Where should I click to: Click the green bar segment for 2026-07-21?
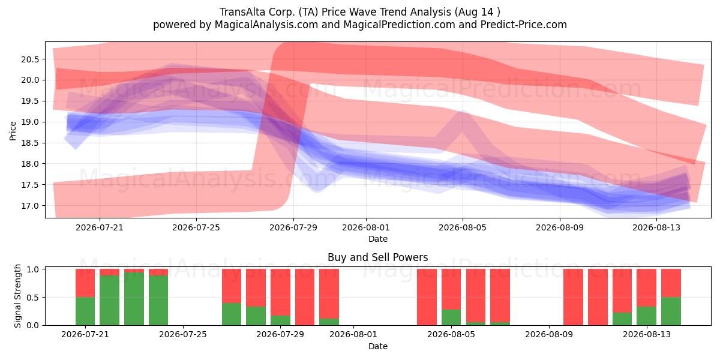[x=85, y=311]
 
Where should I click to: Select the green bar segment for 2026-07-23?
[x=134, y=299]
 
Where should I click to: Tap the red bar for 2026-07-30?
[x=305, y=297]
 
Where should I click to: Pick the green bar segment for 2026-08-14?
[x=671, y=311]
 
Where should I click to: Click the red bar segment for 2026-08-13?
[x=646, y=287]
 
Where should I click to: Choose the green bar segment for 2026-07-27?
[x=232, y=314]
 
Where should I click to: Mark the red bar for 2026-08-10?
[x=573, y=297]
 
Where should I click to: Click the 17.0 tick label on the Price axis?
[x=30, y=206]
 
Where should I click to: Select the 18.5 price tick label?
[x=30, y=143]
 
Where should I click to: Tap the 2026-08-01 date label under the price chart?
[x=366, y=227]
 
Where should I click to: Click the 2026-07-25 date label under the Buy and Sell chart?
[x=183, y=335]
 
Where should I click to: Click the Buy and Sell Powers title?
[x=377, y=257]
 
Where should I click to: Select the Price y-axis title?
[x=13, y=131]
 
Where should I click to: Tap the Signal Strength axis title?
[x=17, y=296]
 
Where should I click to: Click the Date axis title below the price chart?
[x=378, y=239]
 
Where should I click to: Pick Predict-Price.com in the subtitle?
[x=524, y=25]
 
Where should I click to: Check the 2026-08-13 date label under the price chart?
[x=656, y=227]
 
